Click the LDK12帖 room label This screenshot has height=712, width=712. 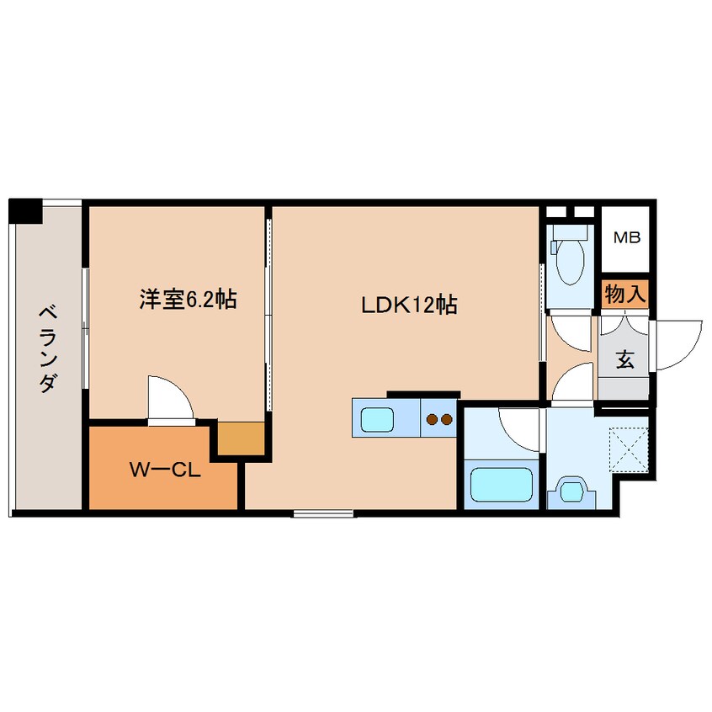click(409, 306)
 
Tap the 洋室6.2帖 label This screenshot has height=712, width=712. click(188, 299)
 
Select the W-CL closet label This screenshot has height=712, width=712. click(164, 470)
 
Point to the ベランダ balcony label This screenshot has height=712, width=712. click(48, 349)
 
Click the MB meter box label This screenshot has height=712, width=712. click(625, 238)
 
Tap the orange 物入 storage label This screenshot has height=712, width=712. click(624, 294)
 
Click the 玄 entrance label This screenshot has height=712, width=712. click(624, 359)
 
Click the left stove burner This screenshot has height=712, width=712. click(431, 418)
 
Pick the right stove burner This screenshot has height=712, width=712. click(446, 418)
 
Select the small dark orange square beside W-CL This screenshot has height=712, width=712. click(242, 438)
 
